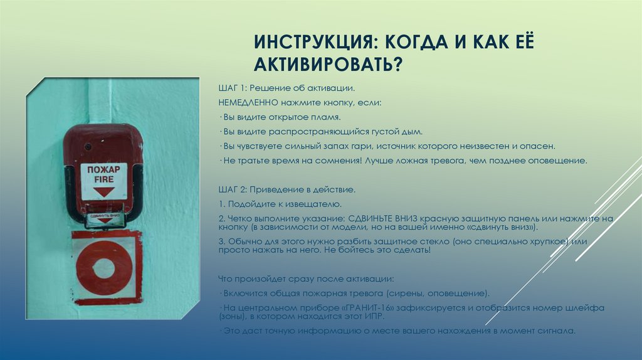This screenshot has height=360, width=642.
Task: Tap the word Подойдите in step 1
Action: [249, 204]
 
